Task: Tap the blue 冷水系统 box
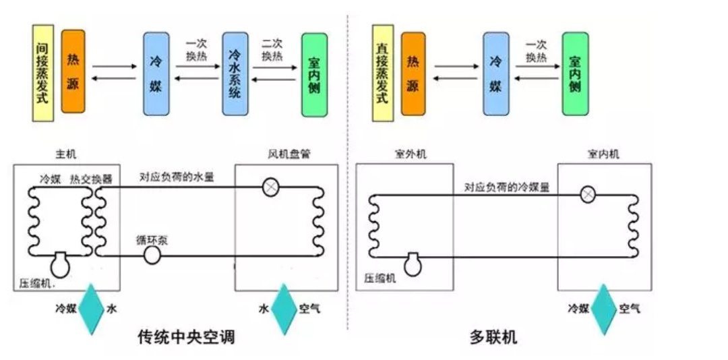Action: coord(235,73)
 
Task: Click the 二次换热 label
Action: coord(272,49)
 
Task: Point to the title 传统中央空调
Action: coord(186,336)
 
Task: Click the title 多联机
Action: coord(493,336)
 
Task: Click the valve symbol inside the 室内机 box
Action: coord(588,194)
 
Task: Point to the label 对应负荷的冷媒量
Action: coord(506,187)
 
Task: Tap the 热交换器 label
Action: coord(93,179)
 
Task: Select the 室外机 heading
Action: coord(411,154)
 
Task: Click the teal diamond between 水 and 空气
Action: coord(284,309)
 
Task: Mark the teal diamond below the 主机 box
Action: coord(92,309)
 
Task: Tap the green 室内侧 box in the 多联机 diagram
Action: coord(575,73)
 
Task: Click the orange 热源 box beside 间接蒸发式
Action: coord(73,71)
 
